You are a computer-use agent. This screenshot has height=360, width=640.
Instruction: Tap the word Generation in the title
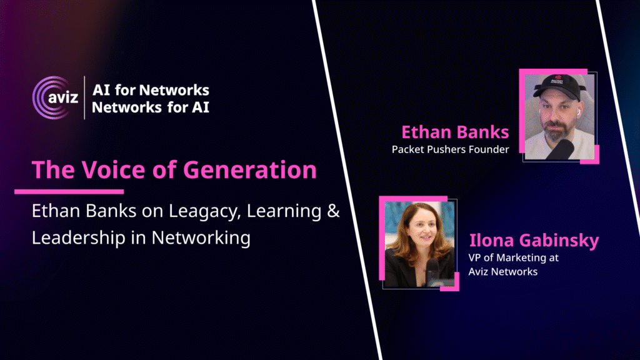pos(250,170)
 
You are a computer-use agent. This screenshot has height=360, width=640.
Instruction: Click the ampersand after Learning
pos(334,211)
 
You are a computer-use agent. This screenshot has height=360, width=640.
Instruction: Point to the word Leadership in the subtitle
pos(78,238)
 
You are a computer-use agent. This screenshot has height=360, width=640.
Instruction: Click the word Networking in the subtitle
pos(201,238)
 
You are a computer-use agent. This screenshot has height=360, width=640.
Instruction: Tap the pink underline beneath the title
pos(69,191)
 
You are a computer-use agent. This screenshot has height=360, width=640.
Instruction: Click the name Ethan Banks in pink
pos(455,132)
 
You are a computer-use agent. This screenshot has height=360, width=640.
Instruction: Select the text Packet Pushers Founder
pos(450,149)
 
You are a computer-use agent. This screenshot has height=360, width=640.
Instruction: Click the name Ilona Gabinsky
pos(534,240)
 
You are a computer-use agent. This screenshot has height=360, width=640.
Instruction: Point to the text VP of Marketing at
pos(514,257)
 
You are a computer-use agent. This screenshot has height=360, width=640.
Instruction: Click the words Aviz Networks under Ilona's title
pos(503,271)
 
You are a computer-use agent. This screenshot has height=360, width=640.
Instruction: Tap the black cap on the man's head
pos(558,86)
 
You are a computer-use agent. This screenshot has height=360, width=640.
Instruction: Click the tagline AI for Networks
pos(151,90)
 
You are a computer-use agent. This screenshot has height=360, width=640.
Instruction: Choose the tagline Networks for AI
pos(151,107)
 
